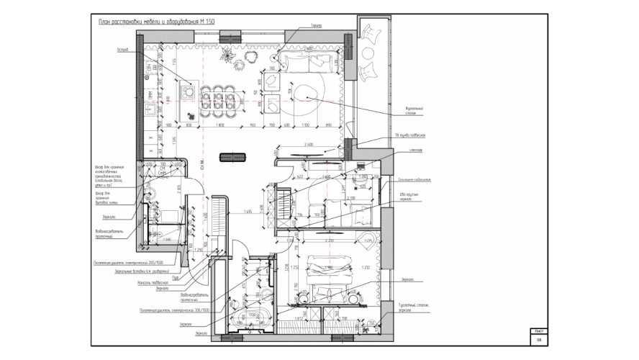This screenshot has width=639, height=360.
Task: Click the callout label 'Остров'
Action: pyautogui.click(x=122, y=50)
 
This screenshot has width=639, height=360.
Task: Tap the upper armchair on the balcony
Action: pyautogui.click(x=373, y=33)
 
